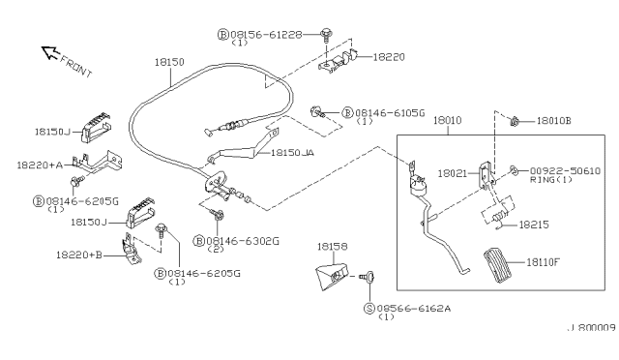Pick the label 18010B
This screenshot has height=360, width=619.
(x=557, y=121)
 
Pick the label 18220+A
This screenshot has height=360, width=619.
(x=40, y=165)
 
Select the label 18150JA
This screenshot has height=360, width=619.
(x=291, y=153)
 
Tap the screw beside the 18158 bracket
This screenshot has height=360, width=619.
(x=368, y=277)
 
